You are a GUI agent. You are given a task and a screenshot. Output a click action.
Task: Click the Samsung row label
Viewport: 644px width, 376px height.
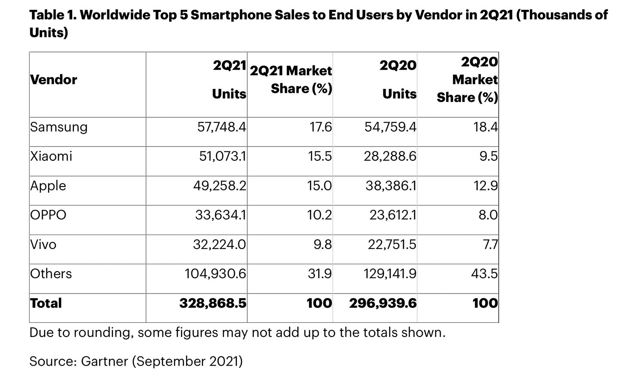click(59, 127)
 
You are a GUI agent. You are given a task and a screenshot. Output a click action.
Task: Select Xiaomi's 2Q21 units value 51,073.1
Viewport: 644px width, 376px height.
click(222, 156)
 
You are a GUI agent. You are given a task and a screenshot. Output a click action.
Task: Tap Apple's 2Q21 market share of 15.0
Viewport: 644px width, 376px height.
click(319, 186)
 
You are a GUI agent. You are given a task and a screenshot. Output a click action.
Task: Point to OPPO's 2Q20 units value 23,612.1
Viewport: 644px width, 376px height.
click(393, 215)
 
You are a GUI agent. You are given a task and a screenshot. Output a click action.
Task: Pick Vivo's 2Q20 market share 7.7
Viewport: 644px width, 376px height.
click(490, 245)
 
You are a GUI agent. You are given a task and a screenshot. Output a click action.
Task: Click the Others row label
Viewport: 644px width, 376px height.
click(51, 274)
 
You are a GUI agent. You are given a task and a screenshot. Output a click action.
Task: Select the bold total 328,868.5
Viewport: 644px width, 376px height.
click(213, 303)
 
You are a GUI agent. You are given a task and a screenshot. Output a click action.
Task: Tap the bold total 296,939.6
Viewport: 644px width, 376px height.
click(383, 303)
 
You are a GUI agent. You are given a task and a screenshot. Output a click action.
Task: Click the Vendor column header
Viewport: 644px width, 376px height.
click(54, 79)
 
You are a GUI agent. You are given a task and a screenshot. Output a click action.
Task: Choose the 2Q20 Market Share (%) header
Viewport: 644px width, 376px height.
click(468, 79)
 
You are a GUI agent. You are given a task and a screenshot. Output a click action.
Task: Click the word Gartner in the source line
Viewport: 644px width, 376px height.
click(104, 361)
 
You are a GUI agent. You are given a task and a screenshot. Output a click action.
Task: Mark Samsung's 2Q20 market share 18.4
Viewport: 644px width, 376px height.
click(486, 127)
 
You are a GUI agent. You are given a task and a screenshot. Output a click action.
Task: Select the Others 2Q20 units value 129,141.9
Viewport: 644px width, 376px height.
click(389, 274)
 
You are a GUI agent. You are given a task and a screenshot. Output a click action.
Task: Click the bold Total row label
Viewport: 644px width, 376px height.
click(46, 303)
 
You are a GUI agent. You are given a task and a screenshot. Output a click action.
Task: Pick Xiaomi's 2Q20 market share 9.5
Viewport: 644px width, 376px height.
click(489, 156)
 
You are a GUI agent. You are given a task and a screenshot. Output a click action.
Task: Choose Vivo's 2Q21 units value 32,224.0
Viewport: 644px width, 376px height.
click(219, 245)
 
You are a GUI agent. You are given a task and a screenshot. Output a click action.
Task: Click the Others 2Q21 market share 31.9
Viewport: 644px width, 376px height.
click(319, 274)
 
